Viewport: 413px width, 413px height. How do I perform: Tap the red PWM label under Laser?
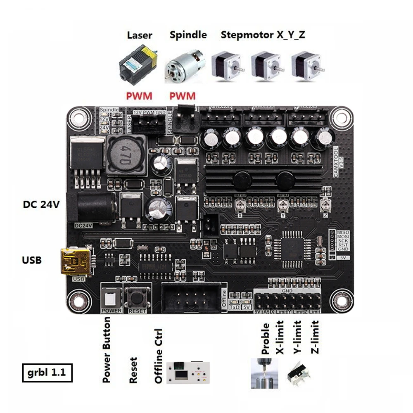pos(140,96)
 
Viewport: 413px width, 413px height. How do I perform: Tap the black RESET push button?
pos(137,296)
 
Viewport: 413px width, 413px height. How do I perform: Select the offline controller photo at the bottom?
pos(188,373)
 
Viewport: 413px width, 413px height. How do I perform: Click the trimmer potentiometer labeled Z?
pos(326,202)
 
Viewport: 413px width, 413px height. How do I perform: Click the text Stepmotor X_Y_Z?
pos(263,35)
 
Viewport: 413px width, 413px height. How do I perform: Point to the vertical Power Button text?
pos(107,349)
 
